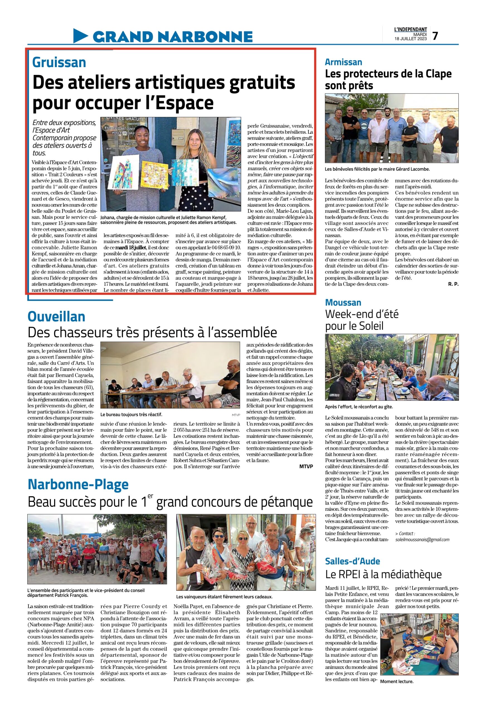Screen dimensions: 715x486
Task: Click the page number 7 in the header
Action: coord(435,36)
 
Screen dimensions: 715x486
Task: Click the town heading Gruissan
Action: coord(59,63)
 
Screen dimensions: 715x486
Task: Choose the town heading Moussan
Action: coord(343,302)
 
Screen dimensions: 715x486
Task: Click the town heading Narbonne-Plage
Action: coord(78,484)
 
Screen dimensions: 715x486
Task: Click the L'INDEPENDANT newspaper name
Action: coord(410,30)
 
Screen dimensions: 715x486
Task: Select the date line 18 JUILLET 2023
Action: coord(410,39)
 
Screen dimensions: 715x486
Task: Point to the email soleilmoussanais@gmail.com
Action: coord(422,539)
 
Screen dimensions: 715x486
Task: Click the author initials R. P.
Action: coord(453,284)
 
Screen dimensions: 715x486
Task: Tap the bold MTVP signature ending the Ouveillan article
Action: coord(306,466)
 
